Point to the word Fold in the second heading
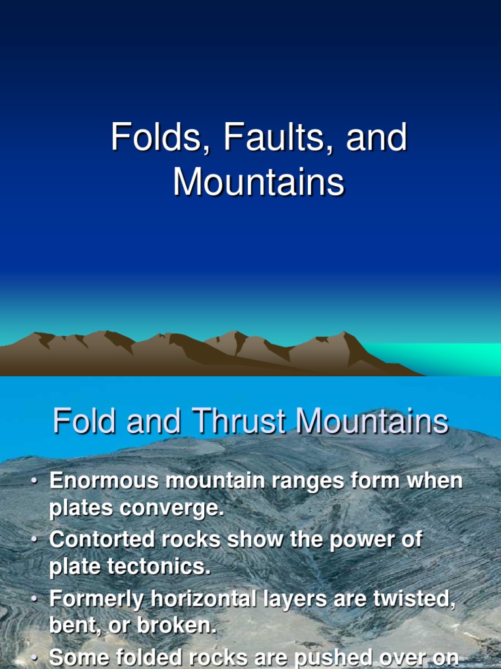point(85,421)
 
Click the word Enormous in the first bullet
point(104,481)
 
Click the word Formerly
point(96,598)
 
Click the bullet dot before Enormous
point(34,482)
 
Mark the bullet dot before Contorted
point(34,541)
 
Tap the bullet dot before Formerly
point(34,599)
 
